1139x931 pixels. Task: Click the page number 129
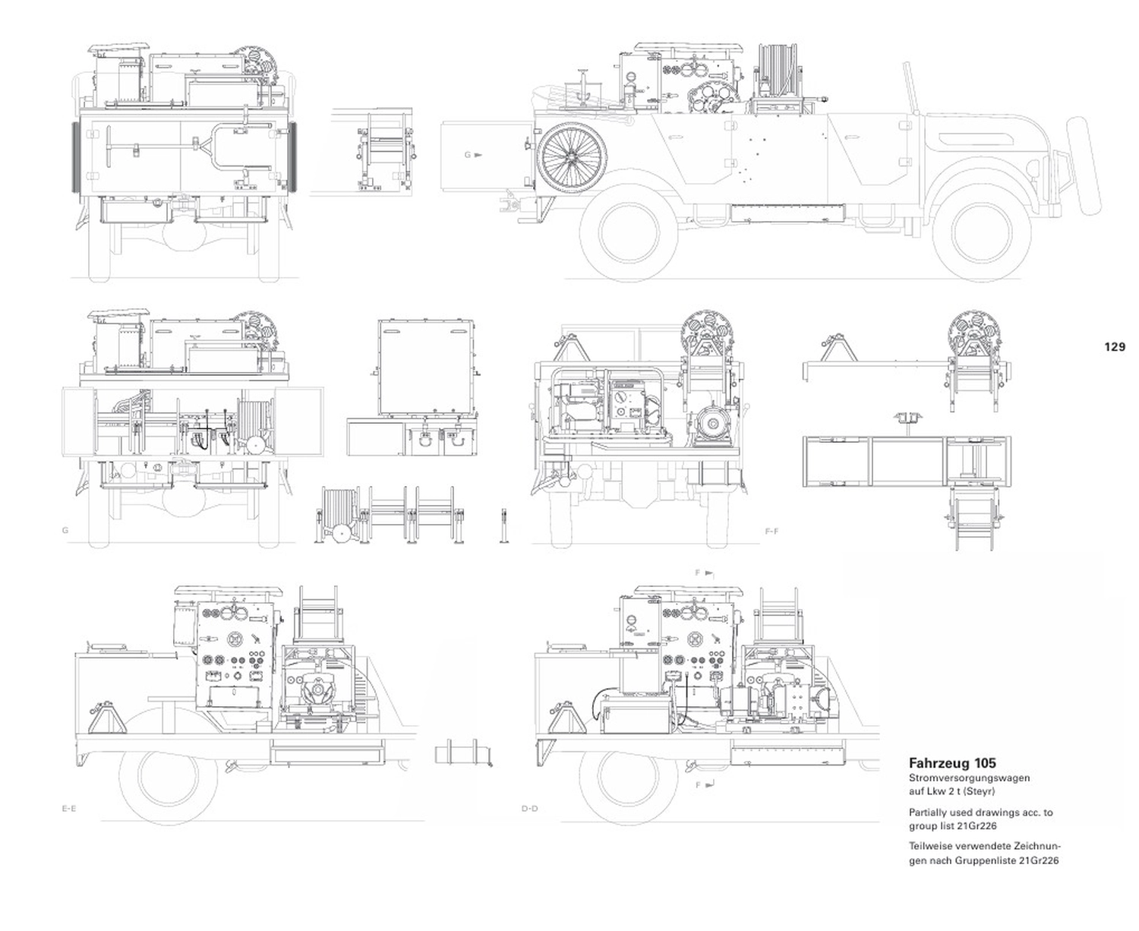1115,347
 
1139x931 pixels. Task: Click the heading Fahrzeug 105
952,762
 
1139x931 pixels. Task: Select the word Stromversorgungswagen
970,778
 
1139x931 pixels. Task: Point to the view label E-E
68,809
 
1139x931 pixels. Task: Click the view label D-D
530,809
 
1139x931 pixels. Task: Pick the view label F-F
771,532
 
